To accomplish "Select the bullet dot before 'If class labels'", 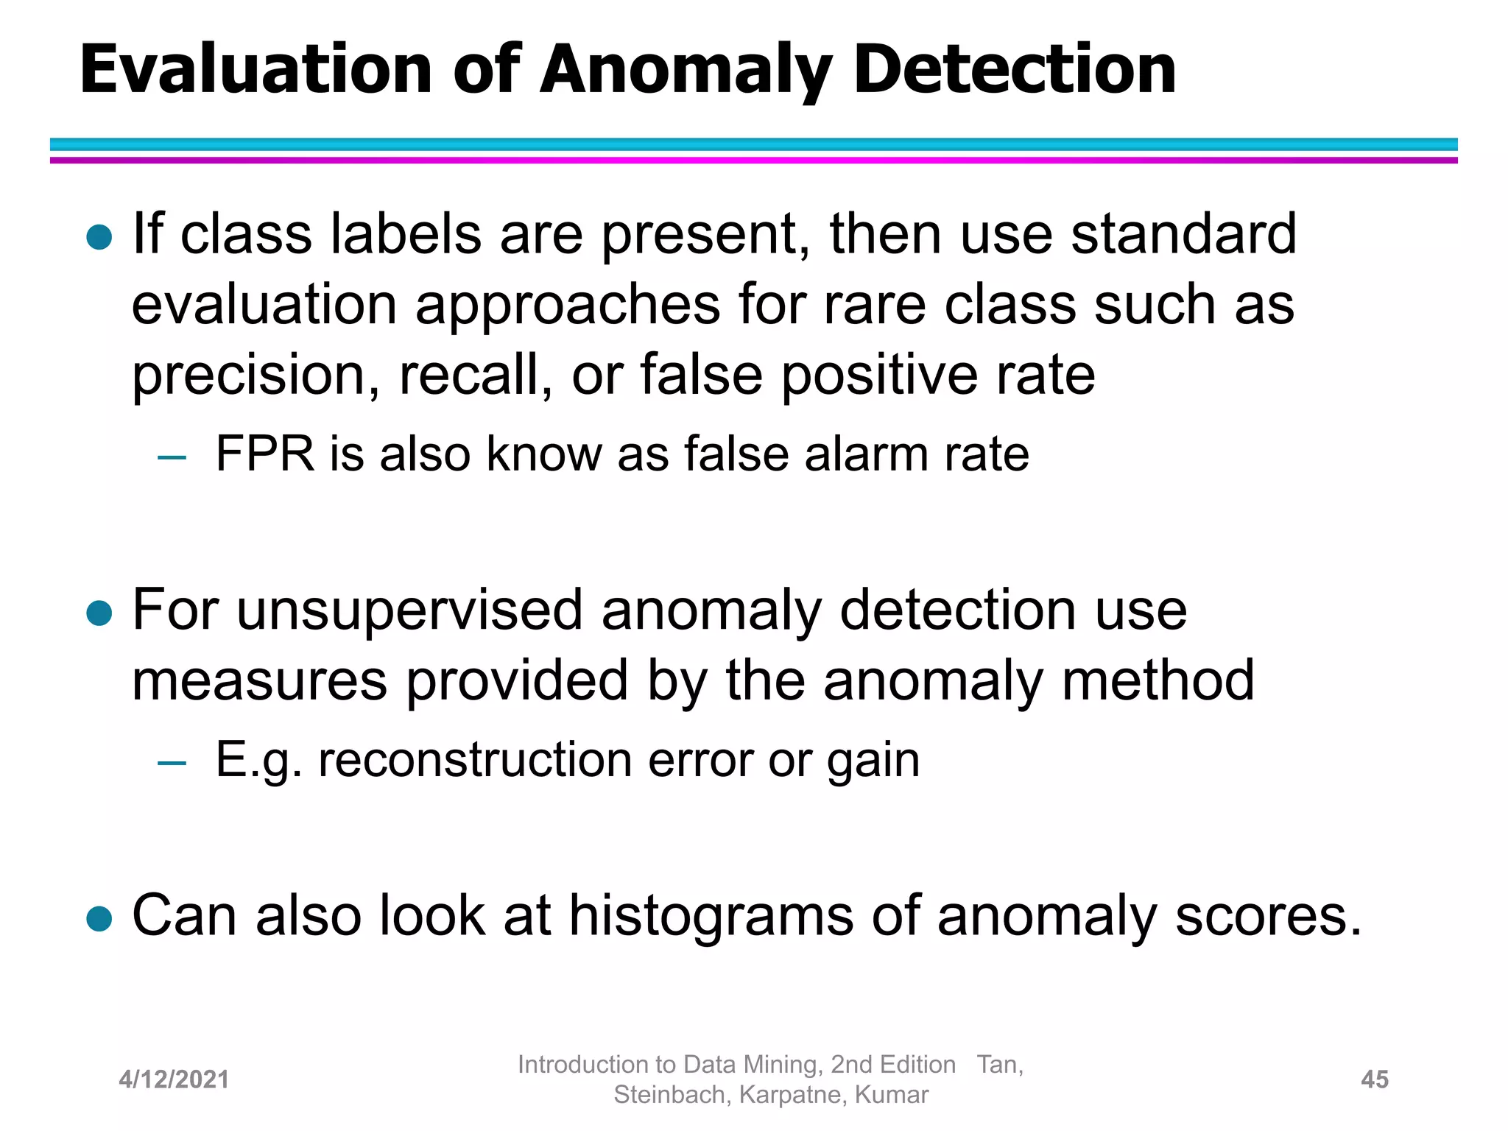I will pyautogui.click(x=99, y=237).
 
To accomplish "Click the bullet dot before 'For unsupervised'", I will pyautogui.click(x=99, y=613).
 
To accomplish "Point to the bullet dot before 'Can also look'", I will pyautogui.click(x=99, y=918).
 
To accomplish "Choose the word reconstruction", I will pyautogui.click(x=475, y=760).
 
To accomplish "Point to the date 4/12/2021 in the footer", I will pyautogui.click(x=174, y=1079).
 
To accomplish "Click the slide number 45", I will pyautogui.click(x=1375, y=1079).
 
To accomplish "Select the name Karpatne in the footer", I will pyautogui.click(x=792, y=1096).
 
